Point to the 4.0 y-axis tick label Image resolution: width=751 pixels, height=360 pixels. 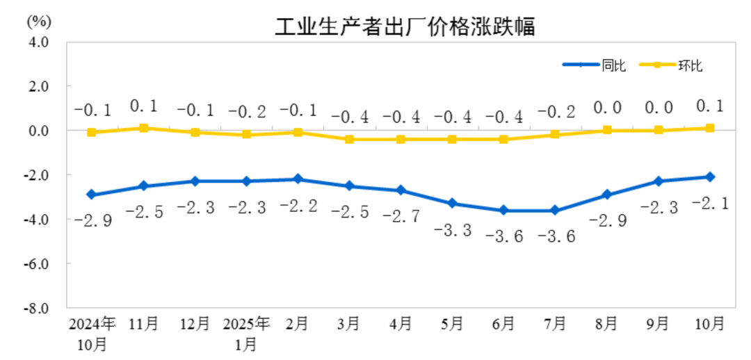39,42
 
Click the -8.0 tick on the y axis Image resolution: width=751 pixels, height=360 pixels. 38,308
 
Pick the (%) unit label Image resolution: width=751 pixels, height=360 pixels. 38,20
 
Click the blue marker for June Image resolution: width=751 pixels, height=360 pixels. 503,211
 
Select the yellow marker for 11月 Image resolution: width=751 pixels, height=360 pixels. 143,128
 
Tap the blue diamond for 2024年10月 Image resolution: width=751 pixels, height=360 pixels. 92,195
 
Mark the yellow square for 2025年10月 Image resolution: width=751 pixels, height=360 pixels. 710,128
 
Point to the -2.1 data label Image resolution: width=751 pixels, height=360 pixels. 709,202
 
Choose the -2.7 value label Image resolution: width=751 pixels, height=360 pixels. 401,216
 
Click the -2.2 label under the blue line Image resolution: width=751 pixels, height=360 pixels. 298,206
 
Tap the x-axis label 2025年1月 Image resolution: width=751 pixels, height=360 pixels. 246,333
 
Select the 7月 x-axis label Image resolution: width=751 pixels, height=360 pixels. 555,323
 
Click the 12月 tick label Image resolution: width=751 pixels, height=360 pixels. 194,323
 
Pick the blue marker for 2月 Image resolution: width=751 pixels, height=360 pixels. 298,179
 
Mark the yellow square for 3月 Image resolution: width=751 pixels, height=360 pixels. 349,139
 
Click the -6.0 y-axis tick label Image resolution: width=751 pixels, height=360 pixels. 38,264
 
